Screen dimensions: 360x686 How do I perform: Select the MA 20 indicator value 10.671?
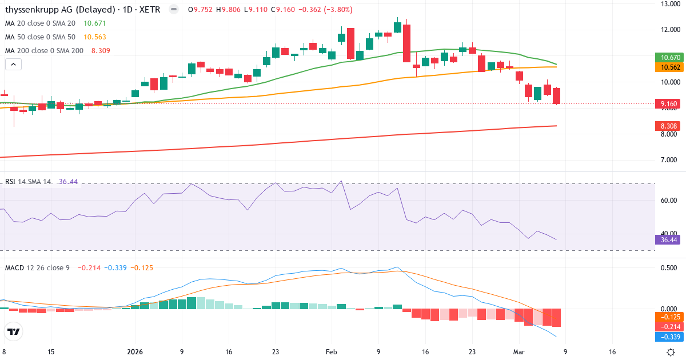[x=95, y=23]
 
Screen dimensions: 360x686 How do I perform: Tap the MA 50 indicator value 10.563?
[x=95, y=37]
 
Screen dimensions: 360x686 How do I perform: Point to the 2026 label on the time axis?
[x=135, y=352]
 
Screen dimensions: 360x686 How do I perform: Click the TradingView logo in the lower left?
[x=14, y=331]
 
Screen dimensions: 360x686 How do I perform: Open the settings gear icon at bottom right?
[x=672, y=352]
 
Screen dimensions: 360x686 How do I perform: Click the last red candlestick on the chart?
[x=556, y=96]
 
